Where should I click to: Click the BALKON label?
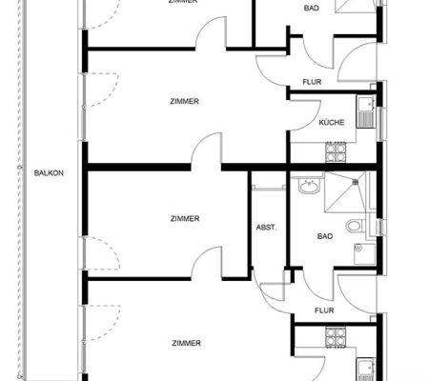(49, 173)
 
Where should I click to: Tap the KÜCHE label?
(332, 122)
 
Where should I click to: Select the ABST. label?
(266, 228)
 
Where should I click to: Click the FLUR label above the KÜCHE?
(312, 82)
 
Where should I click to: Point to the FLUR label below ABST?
(324, 311)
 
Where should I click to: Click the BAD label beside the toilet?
(325, 236)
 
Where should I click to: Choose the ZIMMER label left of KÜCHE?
(184, 101)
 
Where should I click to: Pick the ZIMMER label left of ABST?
(185, 219)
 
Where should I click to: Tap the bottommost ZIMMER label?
(186, 343)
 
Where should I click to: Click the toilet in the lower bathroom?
(354, 226)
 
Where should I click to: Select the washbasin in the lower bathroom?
(309, 187)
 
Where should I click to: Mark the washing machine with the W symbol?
(365, 254)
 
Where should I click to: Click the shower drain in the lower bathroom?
(356, 182)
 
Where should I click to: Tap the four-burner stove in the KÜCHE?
(336, 151)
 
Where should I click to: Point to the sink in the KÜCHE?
(366, 111)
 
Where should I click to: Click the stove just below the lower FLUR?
(336, 337)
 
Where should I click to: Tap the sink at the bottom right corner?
(366, 370)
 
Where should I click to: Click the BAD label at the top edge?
(312, 8)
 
